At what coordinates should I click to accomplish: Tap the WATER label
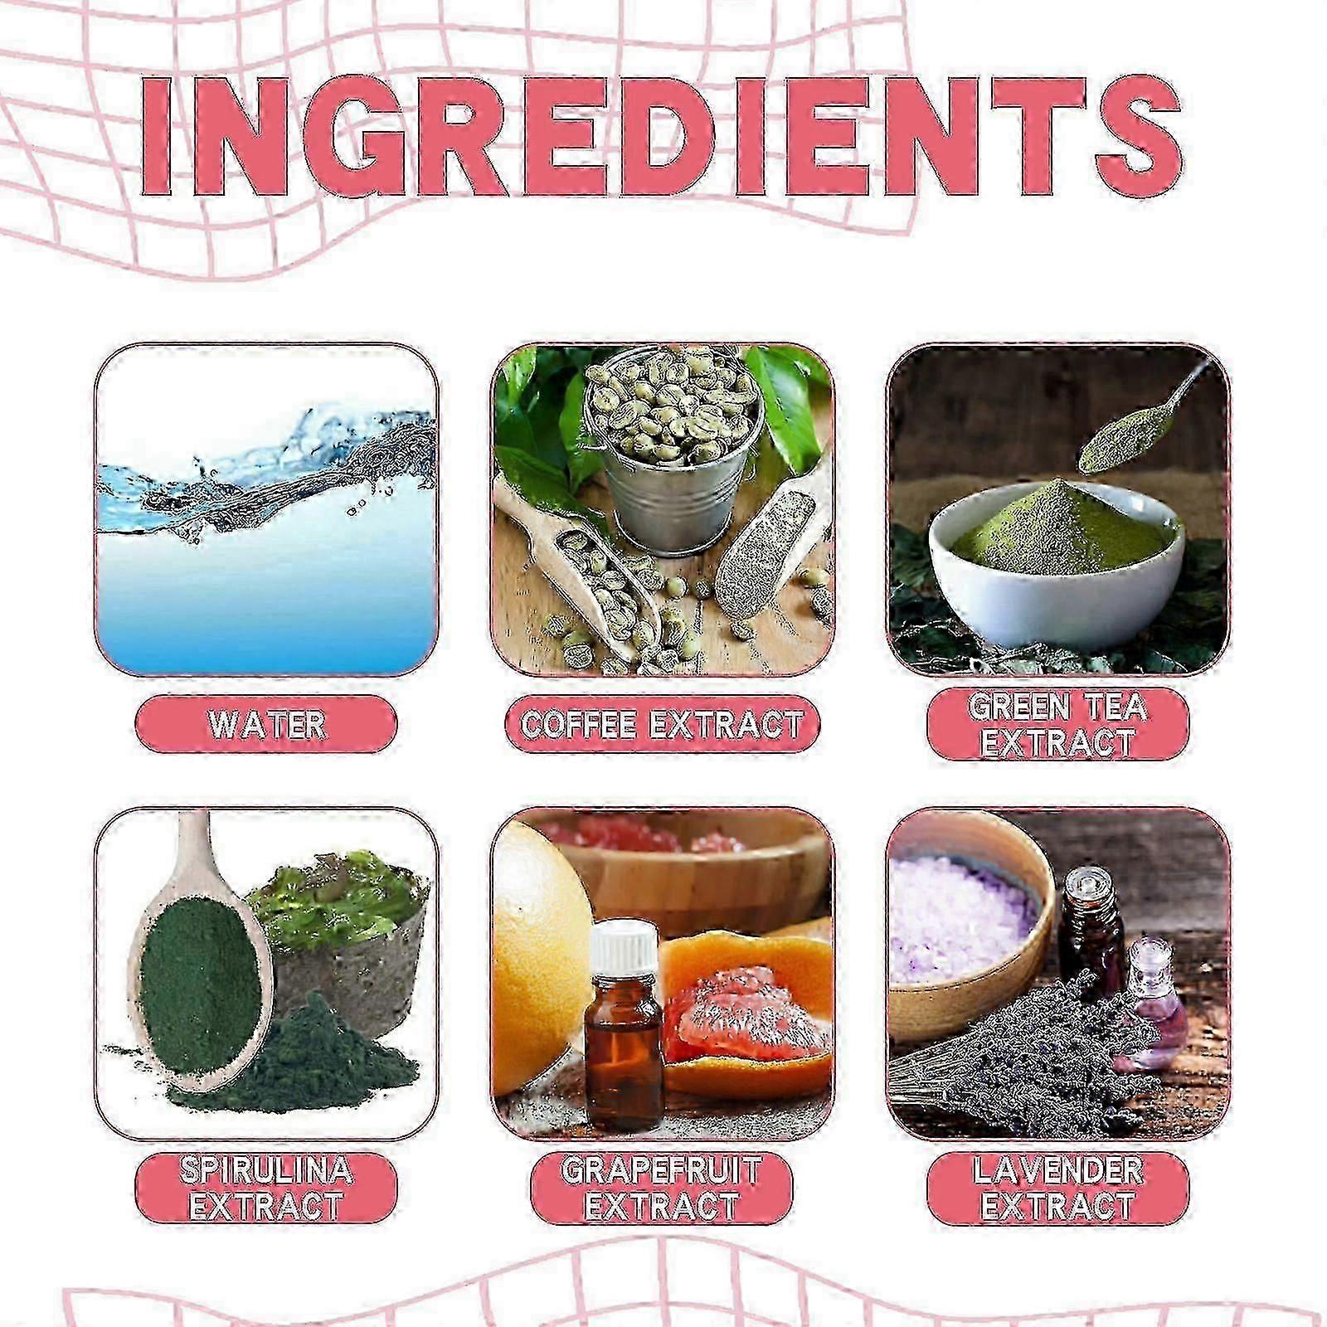click(x=266, y=724)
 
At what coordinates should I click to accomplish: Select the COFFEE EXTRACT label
click(x=662, y=724)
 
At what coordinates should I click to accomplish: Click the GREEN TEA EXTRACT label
click(x=1057, y=724)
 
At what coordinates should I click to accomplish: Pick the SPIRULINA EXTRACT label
click(x=266, y=1188)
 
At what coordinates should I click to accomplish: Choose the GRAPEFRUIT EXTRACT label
click(x=662, y=1188)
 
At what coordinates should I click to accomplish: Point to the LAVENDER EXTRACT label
click(x=1057, y=1188)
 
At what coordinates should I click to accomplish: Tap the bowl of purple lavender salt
click(x=970, y=929)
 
